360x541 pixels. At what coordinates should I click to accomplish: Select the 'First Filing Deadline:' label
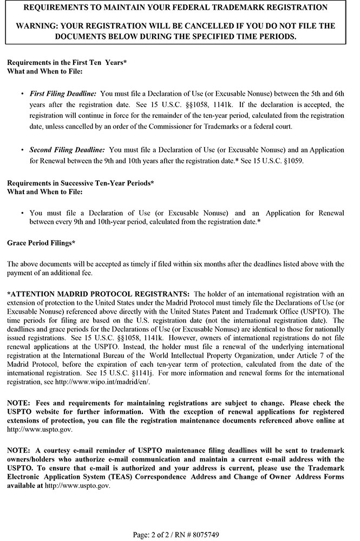63,94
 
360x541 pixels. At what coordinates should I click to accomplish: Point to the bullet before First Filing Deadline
22,94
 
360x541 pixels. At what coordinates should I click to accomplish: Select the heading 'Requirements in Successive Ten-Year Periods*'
81,183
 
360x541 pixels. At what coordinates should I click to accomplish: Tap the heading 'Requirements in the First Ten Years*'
67,62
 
